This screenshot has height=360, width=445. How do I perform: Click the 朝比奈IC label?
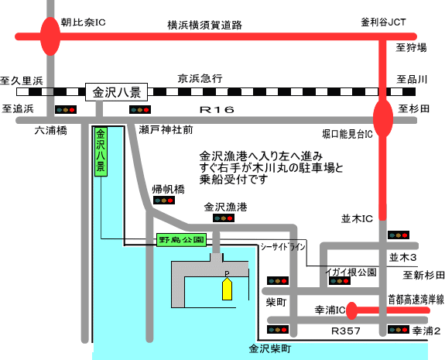83,22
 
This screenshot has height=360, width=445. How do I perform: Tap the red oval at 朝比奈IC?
50,36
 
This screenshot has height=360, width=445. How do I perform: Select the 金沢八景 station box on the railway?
117,92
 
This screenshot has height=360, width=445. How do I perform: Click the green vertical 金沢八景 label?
101,152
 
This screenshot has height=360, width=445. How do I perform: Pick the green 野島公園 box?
181,240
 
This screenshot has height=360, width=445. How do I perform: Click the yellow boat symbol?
227,289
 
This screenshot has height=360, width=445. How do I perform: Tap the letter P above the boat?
227,273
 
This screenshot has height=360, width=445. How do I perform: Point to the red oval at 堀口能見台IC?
383,118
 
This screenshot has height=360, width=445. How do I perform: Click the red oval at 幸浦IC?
352,310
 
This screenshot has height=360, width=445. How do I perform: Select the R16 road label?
217,110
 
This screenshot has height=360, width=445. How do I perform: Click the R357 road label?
346,331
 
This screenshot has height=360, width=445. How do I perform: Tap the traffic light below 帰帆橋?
164,201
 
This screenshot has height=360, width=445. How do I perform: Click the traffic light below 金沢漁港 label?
224,218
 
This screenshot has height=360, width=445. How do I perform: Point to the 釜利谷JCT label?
383,22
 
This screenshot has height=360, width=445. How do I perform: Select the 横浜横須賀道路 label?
204,25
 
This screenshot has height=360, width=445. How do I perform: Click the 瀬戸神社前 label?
166,130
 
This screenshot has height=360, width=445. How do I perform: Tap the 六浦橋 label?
51,131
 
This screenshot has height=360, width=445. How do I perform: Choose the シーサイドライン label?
283,247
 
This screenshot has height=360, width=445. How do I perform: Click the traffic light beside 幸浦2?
399,329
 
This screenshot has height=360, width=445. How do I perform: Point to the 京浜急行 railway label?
200,79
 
